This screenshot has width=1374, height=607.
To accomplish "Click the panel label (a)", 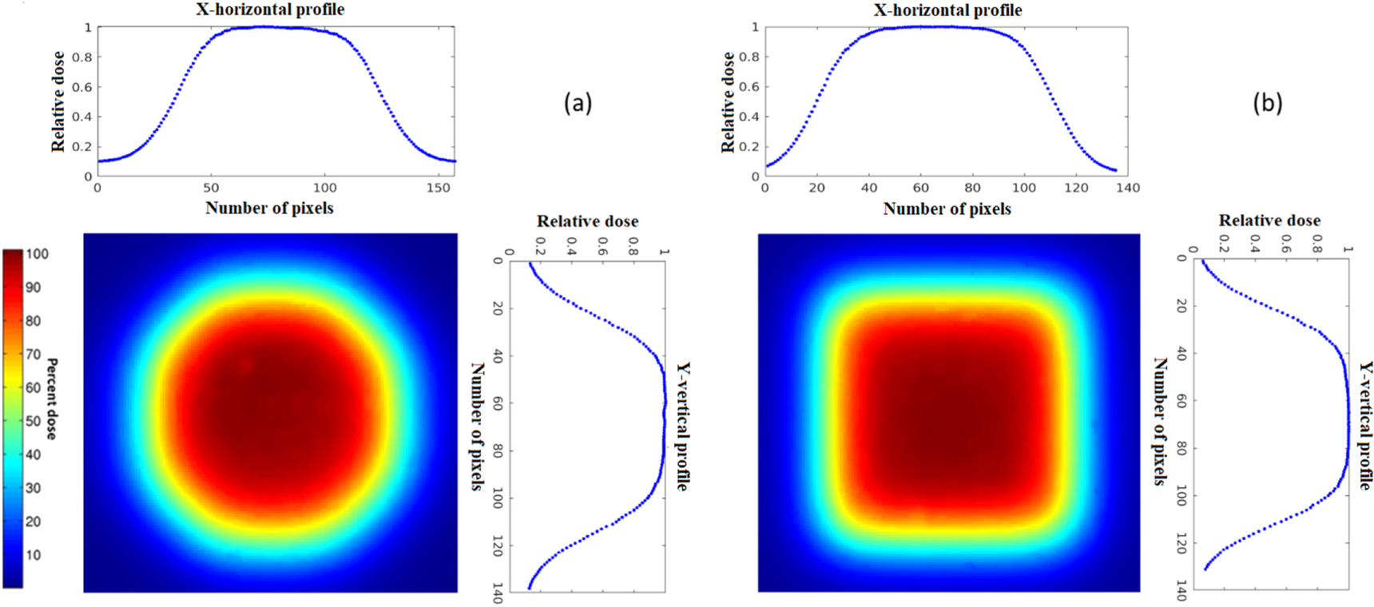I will [x=578, y=103].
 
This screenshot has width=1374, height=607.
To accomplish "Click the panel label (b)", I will [x=1267, y=103].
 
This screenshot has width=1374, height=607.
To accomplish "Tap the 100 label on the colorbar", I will [x=37, y=254].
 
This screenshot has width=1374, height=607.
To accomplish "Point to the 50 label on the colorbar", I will [x=33, y=421].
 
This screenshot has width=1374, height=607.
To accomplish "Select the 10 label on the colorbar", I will [x=33, y=555].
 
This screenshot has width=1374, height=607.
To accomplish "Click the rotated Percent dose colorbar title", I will [x=51, y=399].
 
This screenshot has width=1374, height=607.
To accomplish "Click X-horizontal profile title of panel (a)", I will [x=270, y=10].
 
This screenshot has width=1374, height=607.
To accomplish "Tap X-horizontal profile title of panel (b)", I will [x=947, y=10].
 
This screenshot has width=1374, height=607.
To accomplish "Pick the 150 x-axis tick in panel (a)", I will [x=438, y=188].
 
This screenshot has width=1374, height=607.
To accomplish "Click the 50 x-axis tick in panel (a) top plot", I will [x=211, y=188].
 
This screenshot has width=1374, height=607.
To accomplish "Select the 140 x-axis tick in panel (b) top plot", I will [x=1128, y=188].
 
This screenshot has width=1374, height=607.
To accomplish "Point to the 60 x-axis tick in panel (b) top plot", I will [x=921, y=188].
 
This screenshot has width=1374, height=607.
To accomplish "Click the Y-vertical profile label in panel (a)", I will [x=683, y=426].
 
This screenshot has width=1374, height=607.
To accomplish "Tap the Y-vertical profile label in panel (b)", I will [x=1366, y=426].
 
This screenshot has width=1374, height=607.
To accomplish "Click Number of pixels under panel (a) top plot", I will [x=269, y=208].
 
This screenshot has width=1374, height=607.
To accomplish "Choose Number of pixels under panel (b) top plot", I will [x=947, y=209].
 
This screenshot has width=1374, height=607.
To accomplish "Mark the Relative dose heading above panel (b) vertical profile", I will [x=1269, y=220].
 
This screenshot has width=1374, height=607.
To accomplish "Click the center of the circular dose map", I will [x=270, y=413].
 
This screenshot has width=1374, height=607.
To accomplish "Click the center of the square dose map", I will [x=948, y=413].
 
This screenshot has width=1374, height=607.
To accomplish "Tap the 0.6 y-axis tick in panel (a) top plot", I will [x=82, y=87].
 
